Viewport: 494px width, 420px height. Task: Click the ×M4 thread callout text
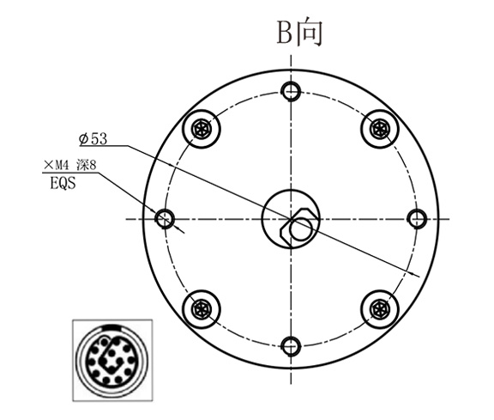tap(59, 165)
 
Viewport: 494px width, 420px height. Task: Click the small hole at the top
tap(292, 90)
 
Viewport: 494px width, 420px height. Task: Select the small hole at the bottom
tap(292, 345)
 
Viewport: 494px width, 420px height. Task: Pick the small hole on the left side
tap(166, 217)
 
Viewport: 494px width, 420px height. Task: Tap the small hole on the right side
tap(418, 217)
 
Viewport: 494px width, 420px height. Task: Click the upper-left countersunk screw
tap(202, 129)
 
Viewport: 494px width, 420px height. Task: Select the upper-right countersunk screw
tap(380, 129)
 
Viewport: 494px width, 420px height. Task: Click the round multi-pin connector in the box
tap(111, 359)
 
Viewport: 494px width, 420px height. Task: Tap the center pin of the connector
tap(111, 361)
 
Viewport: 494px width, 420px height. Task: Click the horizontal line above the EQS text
tap(69, 173)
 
